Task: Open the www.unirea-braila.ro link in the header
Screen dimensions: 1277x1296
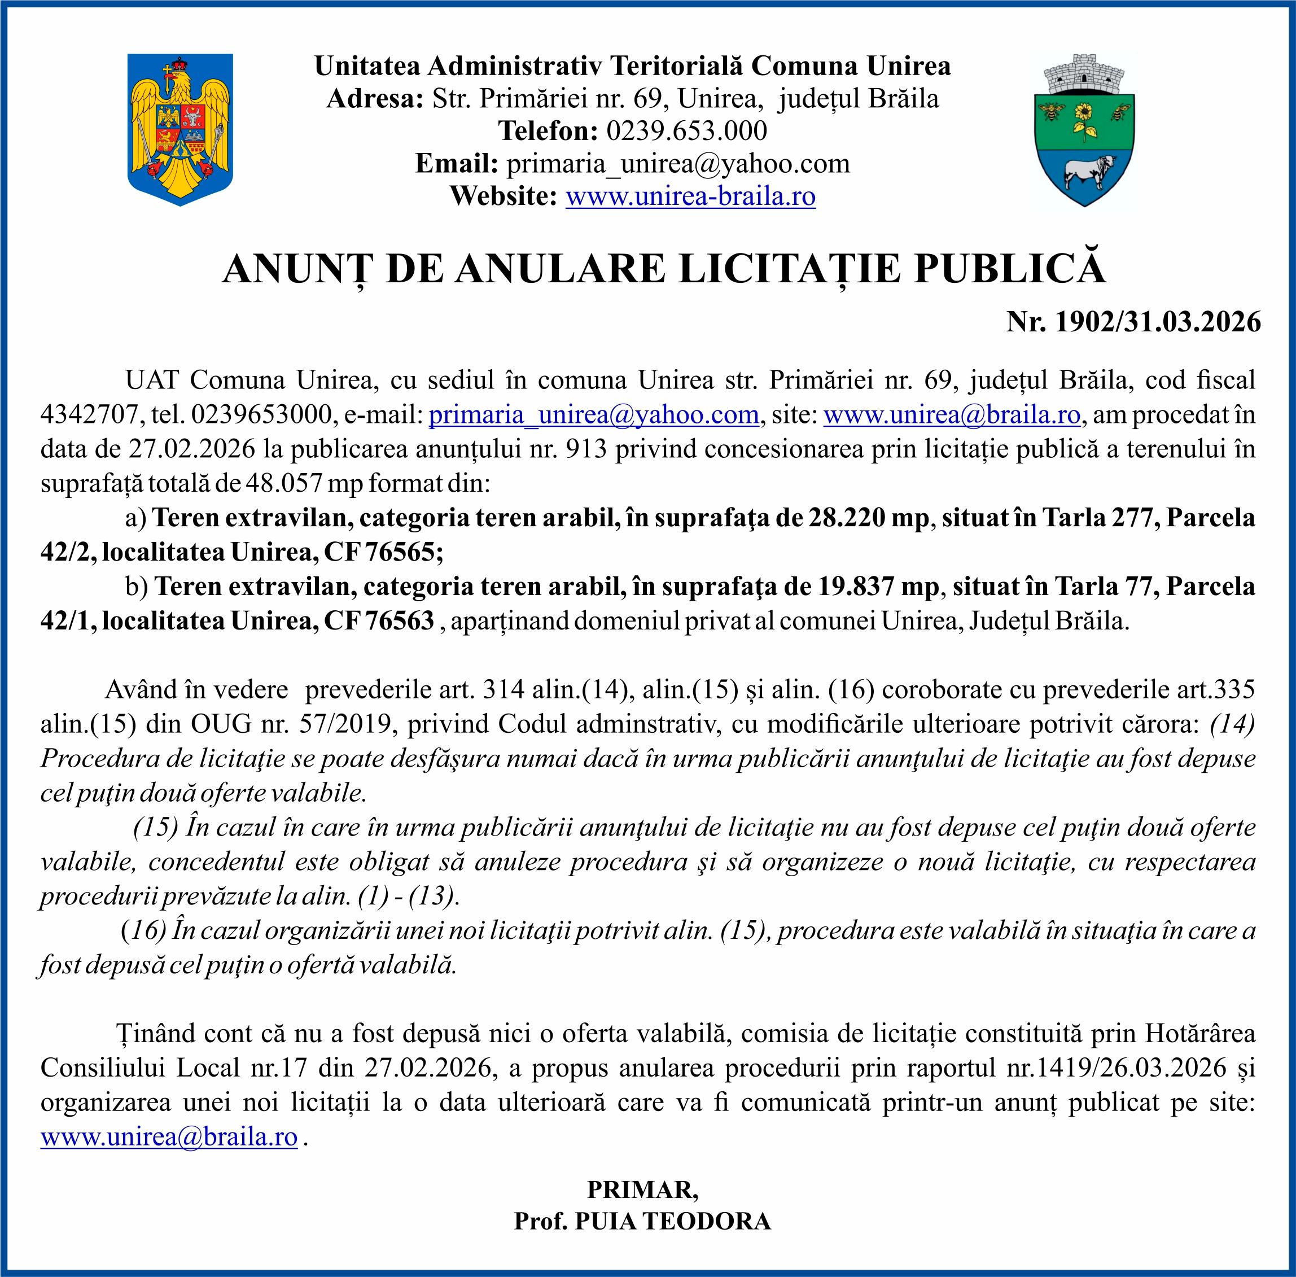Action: pyautogui.click(x=690, y=196)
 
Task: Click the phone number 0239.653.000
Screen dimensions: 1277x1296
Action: pyautogui.click(x=686, y=131)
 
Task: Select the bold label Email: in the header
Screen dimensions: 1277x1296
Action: pyautogui.click(x=457, y=164)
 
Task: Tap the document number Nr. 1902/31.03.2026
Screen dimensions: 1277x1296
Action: pyautogui.click(x=1133, y=322)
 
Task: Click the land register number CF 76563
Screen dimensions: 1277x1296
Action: pyautogui.click(x=378, y=620)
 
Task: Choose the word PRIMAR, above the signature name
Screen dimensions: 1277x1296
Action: pyautogui.click(x=642, y=1189)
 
